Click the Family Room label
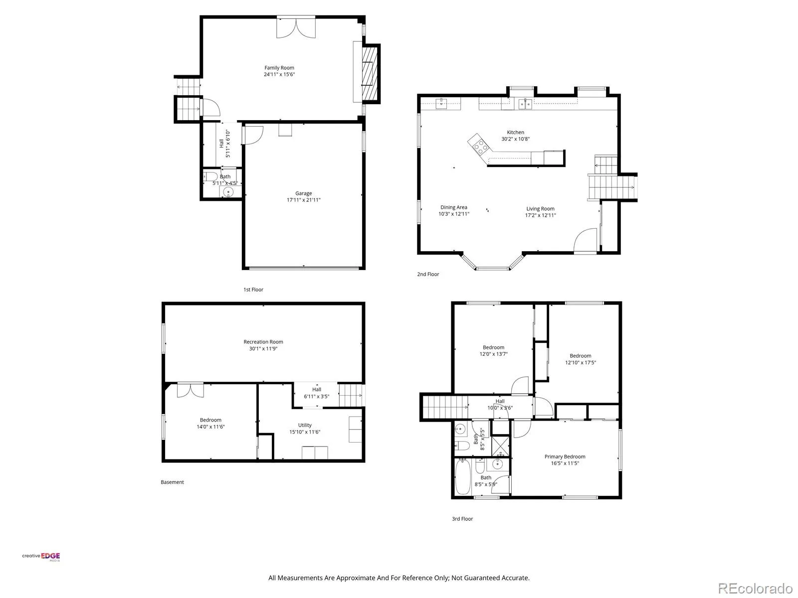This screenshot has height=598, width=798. coord(279,68)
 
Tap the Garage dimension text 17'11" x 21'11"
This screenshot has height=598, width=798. coord(304,200)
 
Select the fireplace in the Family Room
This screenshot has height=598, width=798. coord(370,74)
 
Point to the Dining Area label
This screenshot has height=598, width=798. coord(454,207)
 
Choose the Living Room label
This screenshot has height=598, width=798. coord(540,209)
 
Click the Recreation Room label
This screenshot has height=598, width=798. coord(263,342)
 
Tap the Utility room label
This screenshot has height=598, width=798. coord(305,425)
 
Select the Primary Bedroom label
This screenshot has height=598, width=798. coord(565,457)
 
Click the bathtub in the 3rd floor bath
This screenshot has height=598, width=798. coord(462,477)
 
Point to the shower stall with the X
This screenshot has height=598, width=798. coord(500,446)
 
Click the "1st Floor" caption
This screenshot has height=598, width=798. coord(253,290)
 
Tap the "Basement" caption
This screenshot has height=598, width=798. coord(173,482)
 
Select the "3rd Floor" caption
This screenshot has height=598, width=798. coord(462,519)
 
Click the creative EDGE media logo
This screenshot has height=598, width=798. coord(41,557)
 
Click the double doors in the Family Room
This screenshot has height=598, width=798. coord(296,27)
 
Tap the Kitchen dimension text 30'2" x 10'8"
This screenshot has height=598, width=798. coord(516,139)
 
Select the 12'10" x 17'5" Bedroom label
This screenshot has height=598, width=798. coord(580,359)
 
